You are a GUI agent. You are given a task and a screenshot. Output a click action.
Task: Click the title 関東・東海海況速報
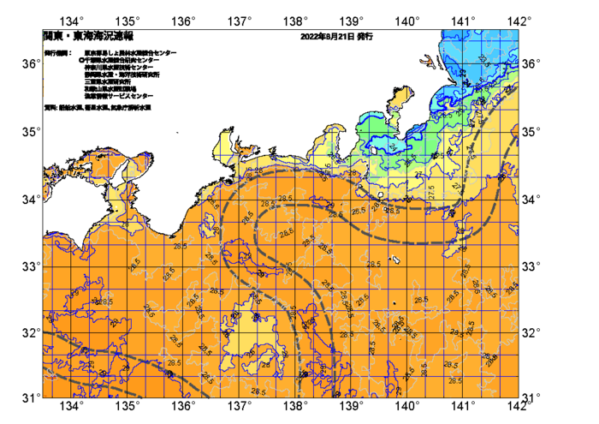pos(88,37)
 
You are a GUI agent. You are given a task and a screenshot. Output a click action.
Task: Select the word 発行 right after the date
pos(365,38)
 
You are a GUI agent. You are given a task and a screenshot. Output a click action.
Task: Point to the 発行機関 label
pos(57,53)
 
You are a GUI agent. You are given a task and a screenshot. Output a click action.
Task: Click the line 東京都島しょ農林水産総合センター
pos(130,53)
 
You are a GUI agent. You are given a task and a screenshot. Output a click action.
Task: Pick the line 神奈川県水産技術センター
pos(119,68)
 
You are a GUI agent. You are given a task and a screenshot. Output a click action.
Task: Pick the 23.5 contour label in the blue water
pos(484,61)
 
